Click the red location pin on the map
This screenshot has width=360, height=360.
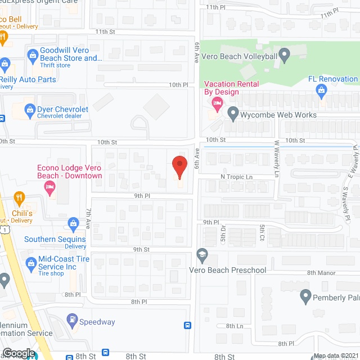[x=179, y=166]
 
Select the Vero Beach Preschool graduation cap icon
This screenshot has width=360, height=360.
[x=202, y=256]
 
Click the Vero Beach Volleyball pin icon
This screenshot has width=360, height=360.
[x=285, y=55]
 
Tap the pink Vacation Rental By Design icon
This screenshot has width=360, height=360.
[x=217, y=103]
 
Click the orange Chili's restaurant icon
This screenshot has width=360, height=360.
[x=20, y=198]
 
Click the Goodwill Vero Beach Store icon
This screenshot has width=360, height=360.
[x=33, y=55]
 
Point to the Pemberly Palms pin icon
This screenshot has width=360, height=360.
[x=305, y=295]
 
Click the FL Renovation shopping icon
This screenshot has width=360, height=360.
[x=322, y=90]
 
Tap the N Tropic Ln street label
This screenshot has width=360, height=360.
[x=236, y=177]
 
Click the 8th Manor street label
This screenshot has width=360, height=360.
[x=321, y=273]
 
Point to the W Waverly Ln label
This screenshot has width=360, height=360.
[x=277, y=159]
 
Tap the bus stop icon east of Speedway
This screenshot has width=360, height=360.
[x=187, y=325]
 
